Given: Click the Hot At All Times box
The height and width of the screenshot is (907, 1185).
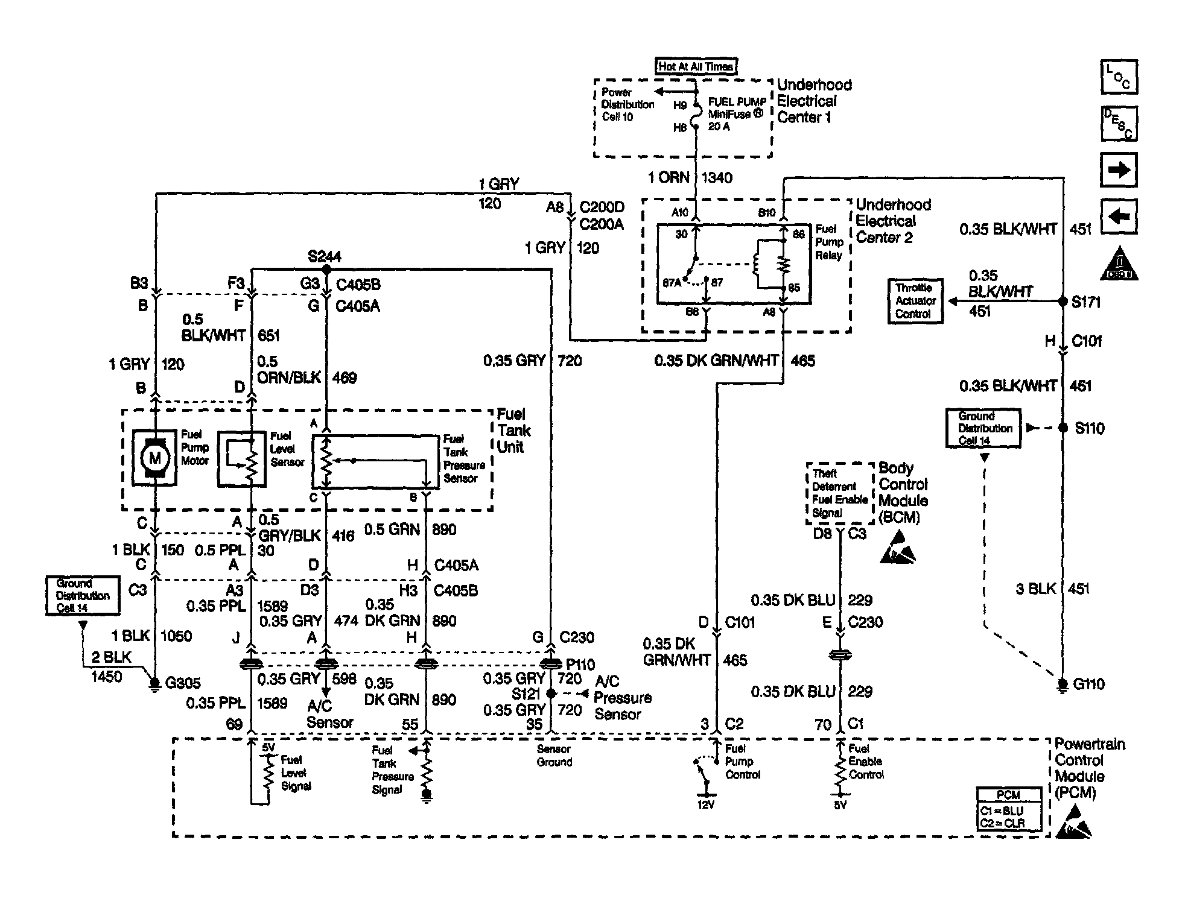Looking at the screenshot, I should [696, 66].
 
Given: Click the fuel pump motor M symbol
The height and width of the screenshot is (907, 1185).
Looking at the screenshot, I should [155, 458].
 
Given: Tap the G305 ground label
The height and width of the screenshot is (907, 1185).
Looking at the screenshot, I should [182, 683].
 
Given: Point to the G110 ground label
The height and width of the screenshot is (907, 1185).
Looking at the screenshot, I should [1089, 684].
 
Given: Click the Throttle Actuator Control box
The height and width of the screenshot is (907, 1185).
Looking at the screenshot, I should [915, 301].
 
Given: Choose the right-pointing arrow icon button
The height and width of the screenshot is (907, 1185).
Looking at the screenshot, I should [1119, 170].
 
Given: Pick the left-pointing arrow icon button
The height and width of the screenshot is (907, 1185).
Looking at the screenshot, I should [1119, 216].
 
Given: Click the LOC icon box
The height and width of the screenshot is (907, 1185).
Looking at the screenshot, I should [1119, 77].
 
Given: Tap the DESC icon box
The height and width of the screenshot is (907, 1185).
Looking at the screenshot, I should [1119, 124].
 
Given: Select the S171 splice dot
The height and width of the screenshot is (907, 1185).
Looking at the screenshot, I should [1063, 302].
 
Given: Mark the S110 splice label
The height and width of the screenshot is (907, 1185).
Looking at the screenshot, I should [1090, 429].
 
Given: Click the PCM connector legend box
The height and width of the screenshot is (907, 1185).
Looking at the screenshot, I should [1009, 810].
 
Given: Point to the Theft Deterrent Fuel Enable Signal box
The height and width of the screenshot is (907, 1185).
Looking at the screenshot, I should [839, 493].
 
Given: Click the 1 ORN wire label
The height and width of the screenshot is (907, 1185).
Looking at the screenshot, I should [669, 178].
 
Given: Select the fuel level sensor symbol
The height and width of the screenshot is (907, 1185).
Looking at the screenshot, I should [242, 458].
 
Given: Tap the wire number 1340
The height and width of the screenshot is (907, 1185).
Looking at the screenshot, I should [717, 178].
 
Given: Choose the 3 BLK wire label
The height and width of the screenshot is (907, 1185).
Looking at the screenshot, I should [1035, 589].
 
